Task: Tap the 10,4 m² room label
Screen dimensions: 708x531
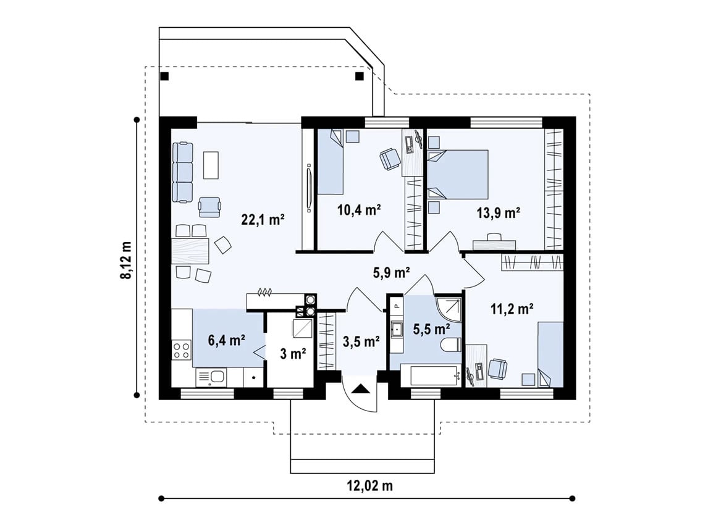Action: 360,210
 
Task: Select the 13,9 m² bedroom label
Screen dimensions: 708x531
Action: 499,213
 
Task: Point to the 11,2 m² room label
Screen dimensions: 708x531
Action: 512,309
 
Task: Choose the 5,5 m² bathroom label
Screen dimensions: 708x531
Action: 431,329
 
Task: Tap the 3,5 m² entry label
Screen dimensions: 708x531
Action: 361,342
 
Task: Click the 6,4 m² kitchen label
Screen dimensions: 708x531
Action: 226,340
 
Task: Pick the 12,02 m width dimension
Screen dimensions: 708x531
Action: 370,486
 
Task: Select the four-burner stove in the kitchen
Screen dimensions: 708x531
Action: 182,351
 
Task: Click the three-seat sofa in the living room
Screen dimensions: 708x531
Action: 183,172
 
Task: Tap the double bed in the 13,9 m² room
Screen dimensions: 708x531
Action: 458,175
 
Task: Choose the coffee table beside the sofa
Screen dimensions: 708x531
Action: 211,165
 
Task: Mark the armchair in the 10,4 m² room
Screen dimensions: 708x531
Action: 390,159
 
